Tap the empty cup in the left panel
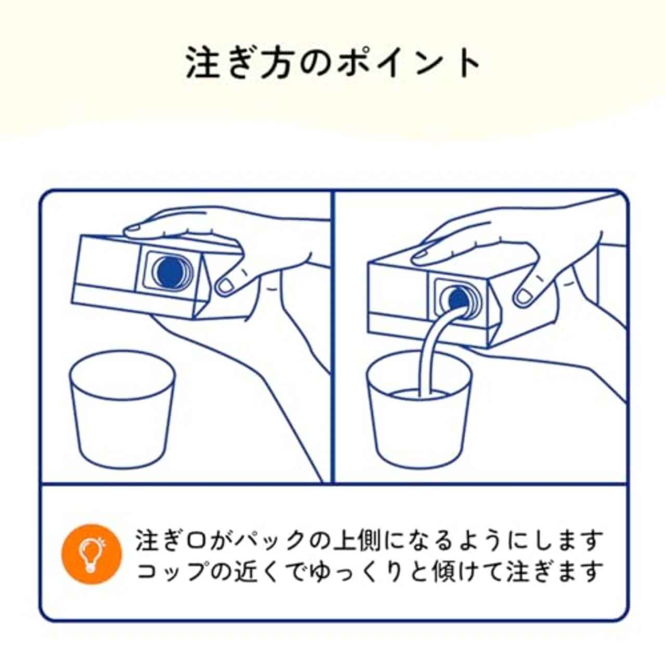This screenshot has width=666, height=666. (123, 411)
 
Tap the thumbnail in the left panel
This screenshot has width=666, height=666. (226, 286)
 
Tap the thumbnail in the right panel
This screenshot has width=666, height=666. (523, 297)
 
